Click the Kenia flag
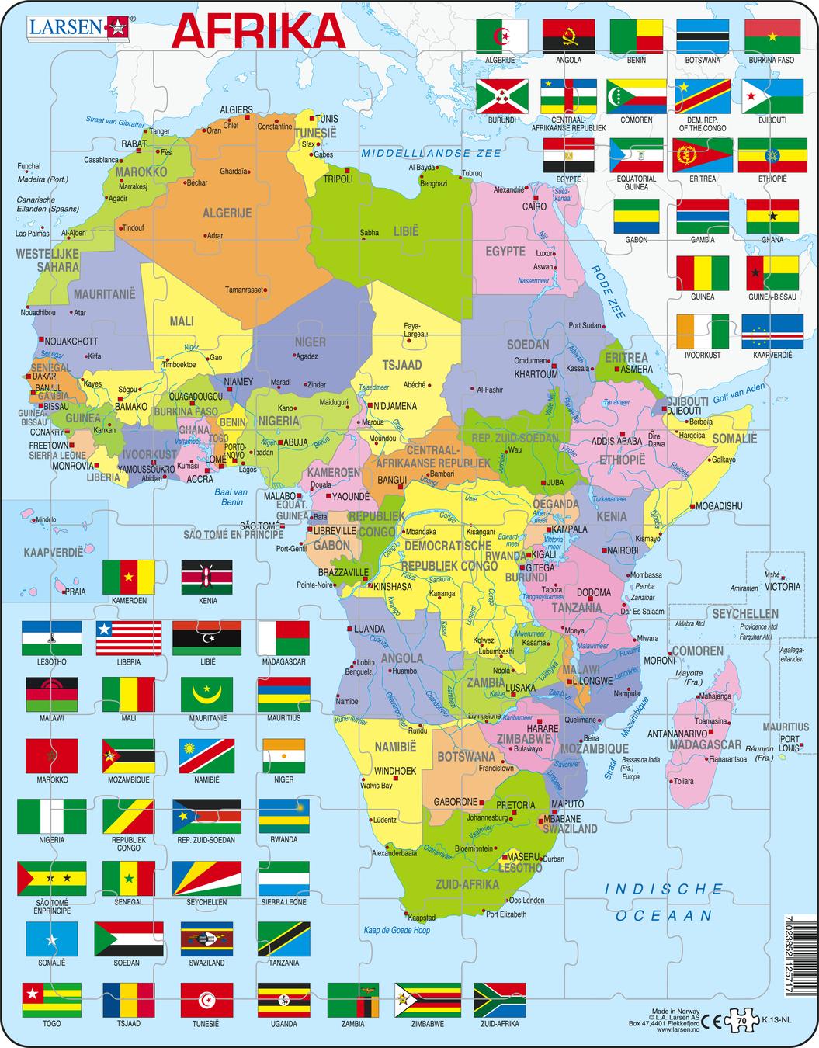206,577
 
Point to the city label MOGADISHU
719,506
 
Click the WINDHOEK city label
396,772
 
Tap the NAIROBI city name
623,550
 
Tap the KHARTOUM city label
536,374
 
